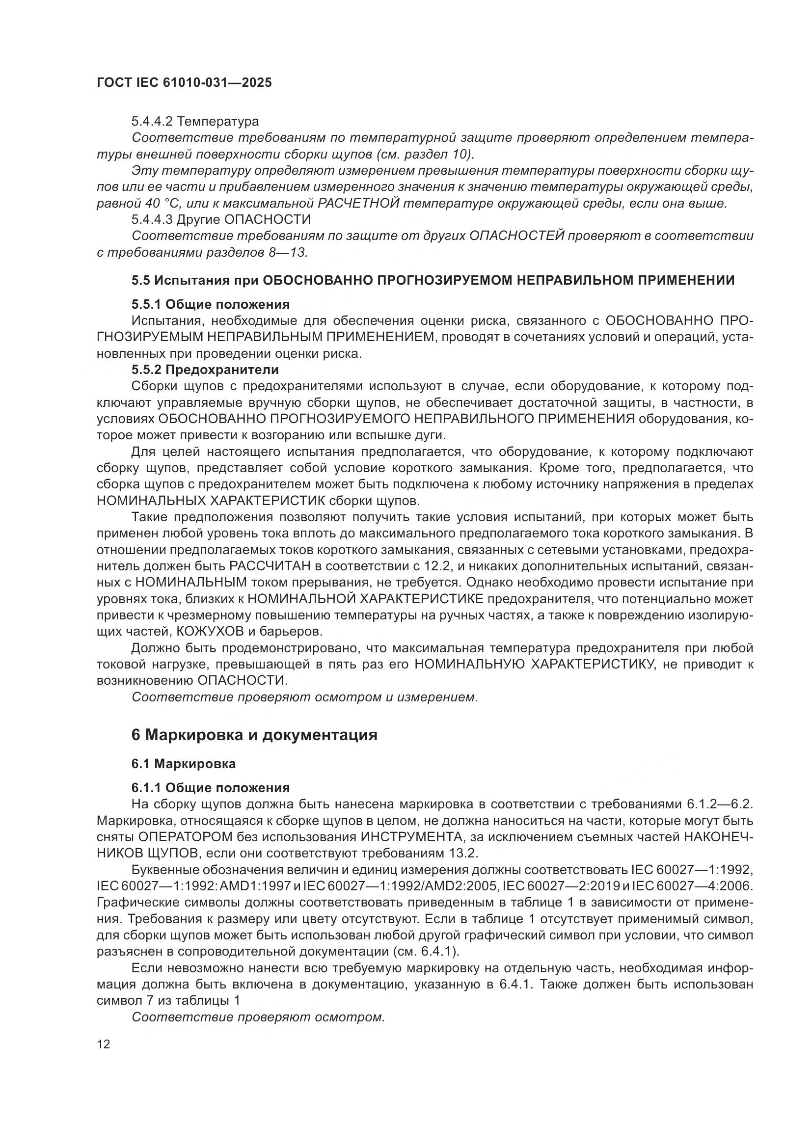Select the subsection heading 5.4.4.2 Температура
(x=195, y=122)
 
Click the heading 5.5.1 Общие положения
(x=211, y=304)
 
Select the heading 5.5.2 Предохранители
(x=205, y=370)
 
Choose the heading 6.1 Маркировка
(x=184, y=764)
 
